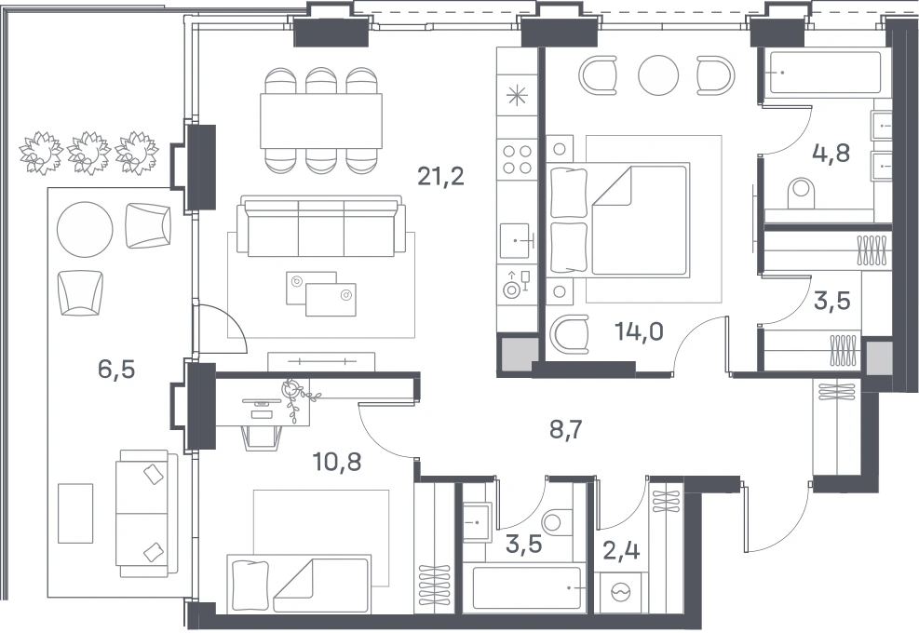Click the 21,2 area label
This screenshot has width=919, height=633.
pos(440,175)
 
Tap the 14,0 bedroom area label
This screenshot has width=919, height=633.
pos(639,331)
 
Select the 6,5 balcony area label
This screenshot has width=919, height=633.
pos(116,370)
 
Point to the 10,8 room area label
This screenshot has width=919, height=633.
pos(337,462)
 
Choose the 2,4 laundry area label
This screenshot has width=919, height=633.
pos(621,550)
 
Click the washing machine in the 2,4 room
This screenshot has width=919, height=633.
pos(620,593)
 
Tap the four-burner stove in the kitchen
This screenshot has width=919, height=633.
pos(517,159)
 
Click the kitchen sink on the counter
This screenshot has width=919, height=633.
pos(517,240)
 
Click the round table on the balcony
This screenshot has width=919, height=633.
pos(85,229)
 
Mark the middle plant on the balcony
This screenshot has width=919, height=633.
pos(88,153)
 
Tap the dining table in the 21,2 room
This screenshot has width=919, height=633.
pos(321,121)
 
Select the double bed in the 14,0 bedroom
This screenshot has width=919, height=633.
pos(619,220)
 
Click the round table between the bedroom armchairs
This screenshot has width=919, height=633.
pos(658,75)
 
